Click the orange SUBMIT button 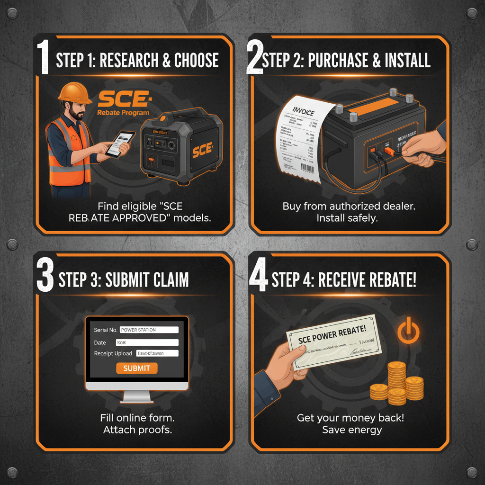coord(137,368)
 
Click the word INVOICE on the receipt coord(304,110)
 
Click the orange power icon coord(407,331)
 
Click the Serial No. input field coord(149,330)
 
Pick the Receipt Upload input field coord(157,353)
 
